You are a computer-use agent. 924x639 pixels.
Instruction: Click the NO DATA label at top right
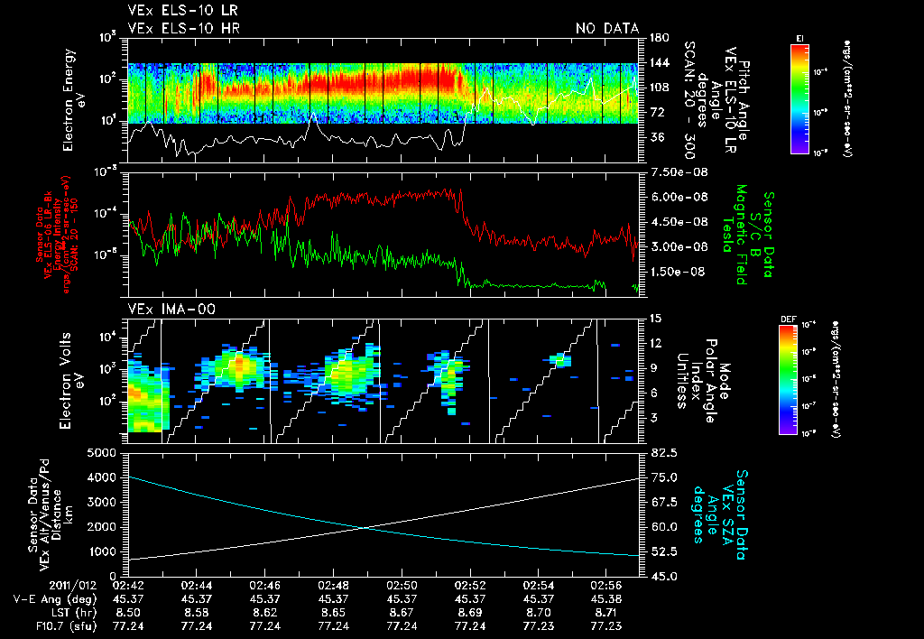click(x=607, y=29)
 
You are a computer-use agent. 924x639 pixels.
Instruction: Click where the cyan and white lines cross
click(x=363, y=528)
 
